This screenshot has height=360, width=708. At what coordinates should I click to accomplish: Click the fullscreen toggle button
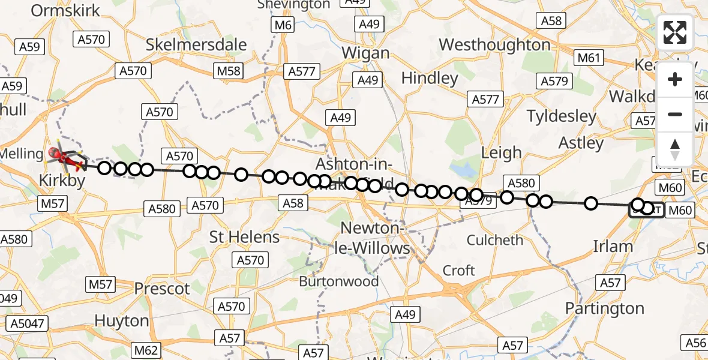click(x=675, y=32)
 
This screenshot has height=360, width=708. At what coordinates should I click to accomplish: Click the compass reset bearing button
click(x=675, y=149)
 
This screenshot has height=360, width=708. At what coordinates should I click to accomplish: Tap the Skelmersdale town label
click(x=197, y=45)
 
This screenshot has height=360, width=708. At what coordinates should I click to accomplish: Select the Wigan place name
click(x=365, y=53)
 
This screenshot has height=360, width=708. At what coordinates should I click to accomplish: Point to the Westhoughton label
click(x=494, y=45)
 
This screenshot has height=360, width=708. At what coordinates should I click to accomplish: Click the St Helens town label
click(x=244, y=237)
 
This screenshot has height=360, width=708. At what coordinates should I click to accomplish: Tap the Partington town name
click(x=605, y=308)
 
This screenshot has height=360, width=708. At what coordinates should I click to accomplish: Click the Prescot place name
click(x=162, y=289)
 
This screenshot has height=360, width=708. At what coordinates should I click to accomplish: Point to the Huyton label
click(x=122, y=320)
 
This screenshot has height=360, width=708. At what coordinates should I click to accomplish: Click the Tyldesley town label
click(x=562, y=116)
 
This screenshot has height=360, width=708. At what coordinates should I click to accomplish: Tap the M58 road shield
click(x=228, y=71)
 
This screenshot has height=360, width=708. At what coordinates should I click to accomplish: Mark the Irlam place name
click(x=613, y=246)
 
